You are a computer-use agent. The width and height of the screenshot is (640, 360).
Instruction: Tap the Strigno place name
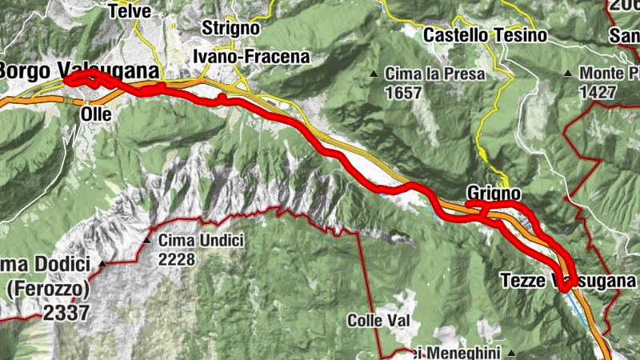(x=230, y=28)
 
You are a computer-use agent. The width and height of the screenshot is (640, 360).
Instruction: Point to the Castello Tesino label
(x=485, y=35)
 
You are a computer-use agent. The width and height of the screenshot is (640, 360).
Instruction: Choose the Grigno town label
(x=494, y=194)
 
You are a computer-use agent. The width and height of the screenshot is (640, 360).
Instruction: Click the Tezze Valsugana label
(x=568, y=281)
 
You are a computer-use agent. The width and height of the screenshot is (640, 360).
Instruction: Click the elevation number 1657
(x=402, y=93)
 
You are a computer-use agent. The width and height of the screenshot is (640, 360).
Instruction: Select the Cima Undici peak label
(x=201, y=239)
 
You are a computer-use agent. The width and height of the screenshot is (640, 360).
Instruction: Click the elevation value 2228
(x=178, y=258)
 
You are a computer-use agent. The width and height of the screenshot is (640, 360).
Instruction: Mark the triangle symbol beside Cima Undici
(x=147, y=239)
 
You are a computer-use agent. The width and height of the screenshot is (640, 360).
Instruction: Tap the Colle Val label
(x=378, y=321)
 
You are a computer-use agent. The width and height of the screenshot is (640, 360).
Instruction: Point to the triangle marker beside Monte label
(x=567, y=74)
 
